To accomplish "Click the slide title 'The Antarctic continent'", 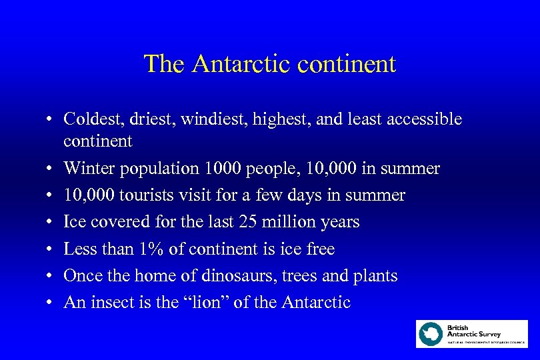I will tap(270, 64).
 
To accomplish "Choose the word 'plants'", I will tap(377, 275).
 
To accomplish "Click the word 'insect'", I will tap(109, 302).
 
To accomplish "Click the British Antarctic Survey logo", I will tap(471, 334).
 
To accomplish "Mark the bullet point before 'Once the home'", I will tap(50, 276).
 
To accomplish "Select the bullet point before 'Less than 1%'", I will tap(50, 249).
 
